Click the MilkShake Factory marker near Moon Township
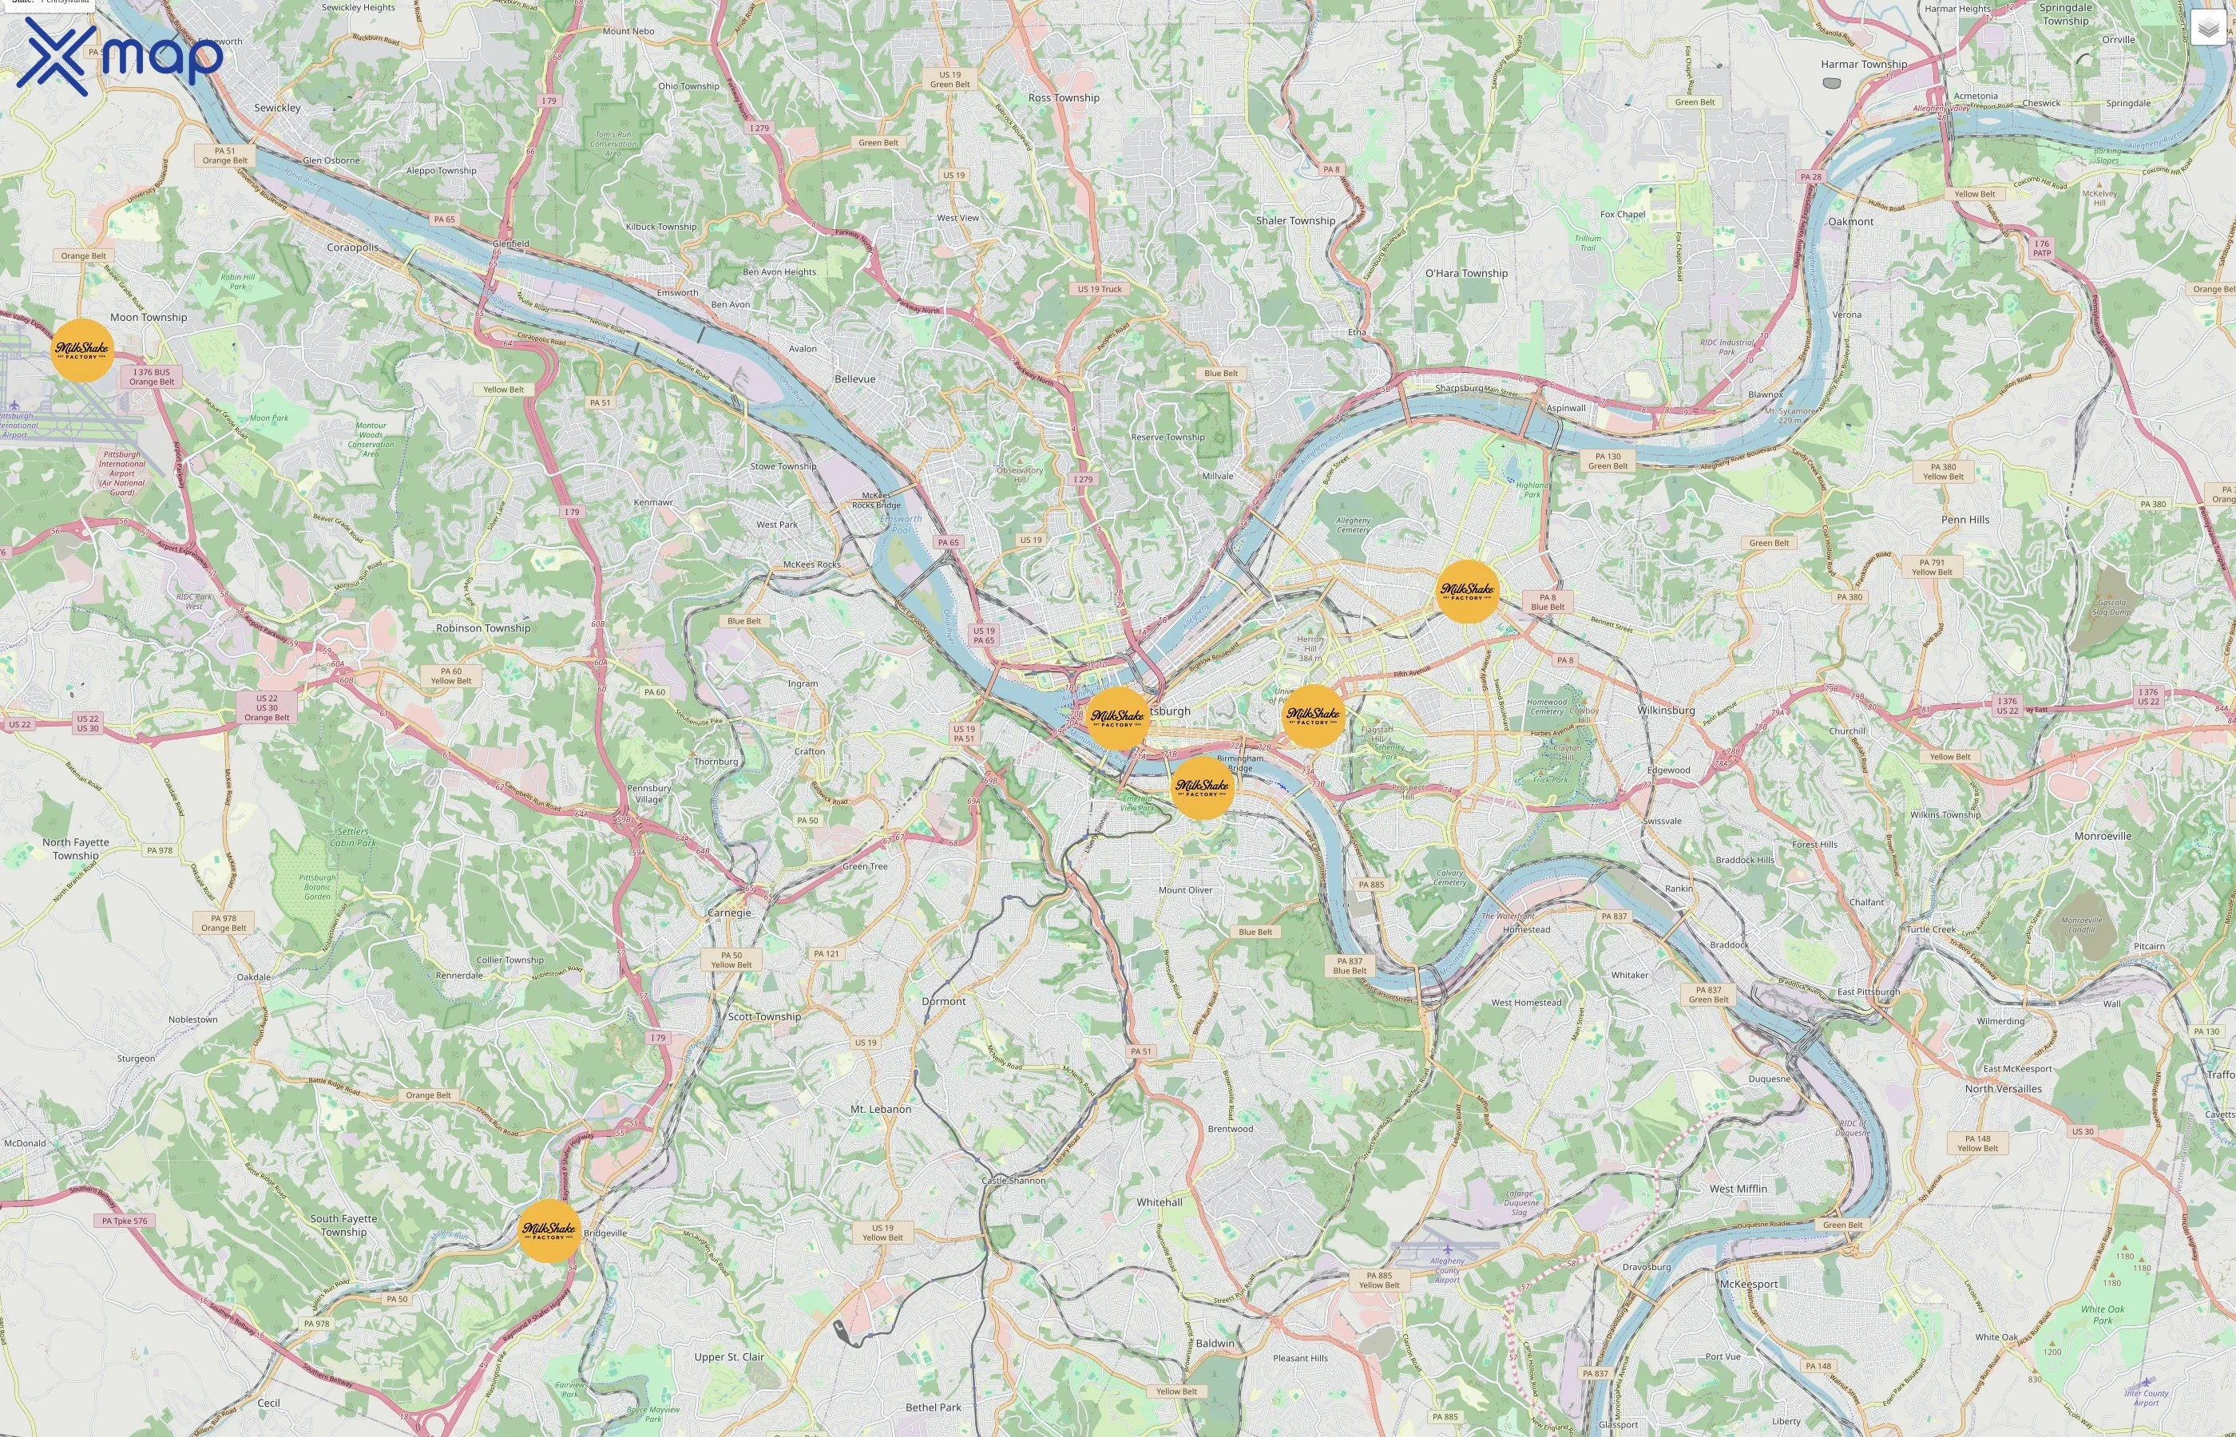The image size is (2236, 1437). click(x=82, y=350)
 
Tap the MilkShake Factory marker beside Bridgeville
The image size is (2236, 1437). click(x=549, y=1231)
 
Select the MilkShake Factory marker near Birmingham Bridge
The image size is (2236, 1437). click(x=1202, y=787)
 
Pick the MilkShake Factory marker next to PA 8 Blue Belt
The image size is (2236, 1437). click(x=1467, y=592)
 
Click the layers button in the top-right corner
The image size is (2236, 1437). click(x=2207, y=28)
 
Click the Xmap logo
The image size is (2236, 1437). click(x=121, y=56)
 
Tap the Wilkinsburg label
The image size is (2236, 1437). click(x=1666, y=710)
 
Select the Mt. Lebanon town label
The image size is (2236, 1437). click(x=880, y=1110)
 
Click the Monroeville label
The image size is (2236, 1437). click(x=2103, y=836)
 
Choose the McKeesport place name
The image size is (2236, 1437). click(x=1748, y=1284)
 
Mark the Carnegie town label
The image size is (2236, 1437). click(x=729, y=912)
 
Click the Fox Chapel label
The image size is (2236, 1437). click(x=1622, y=215)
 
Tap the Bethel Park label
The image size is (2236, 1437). click(x=934, y=1407)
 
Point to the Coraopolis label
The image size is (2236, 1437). click(x=353, y=248)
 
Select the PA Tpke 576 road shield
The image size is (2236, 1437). click(x=124, y=1221)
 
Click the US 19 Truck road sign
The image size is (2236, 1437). click(x=1100, y=289)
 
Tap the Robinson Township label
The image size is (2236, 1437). click(x=482, y=628)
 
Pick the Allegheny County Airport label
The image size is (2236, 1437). click(x=1446, y=1270)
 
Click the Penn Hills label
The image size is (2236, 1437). click(x=1964, y=520)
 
